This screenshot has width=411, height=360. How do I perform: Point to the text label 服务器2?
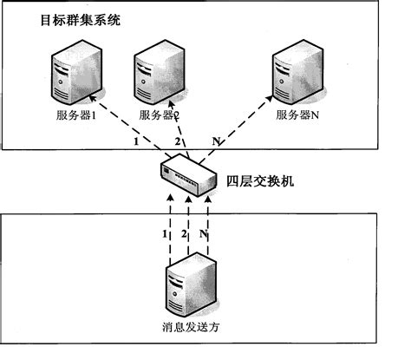(x=159, y=115)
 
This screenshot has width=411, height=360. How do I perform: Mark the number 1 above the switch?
(x=135, y=141)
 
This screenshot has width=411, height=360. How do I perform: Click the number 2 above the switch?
(x=179, y=141)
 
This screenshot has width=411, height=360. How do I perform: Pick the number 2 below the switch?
(x=184, y=234)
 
